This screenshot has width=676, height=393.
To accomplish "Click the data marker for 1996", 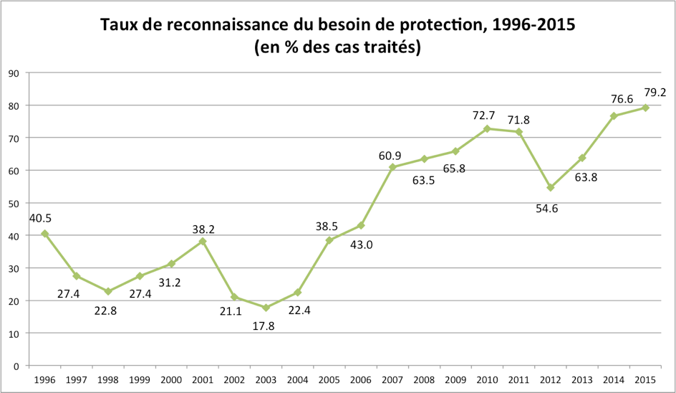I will click(45, 234).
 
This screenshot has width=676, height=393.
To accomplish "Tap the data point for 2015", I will click(645, 108).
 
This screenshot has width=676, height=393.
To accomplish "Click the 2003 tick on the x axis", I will click(266, 379).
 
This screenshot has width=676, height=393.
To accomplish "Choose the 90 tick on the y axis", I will click(14, 72).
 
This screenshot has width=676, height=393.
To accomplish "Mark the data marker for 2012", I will click(551, 187).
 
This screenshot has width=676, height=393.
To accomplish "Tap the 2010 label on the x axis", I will click(487, 379).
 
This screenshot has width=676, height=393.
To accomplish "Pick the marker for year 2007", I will click(392, 167).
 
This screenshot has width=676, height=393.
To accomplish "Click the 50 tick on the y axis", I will click(14, 203).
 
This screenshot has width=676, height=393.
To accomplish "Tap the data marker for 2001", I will click(203, 241).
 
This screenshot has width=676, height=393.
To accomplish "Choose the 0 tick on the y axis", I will click(16, 366).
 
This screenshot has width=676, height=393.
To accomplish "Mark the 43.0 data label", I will click(362, 245).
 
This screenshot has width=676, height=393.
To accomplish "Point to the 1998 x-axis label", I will click(108, 379).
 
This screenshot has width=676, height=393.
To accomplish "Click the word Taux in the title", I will click(119, 25).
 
